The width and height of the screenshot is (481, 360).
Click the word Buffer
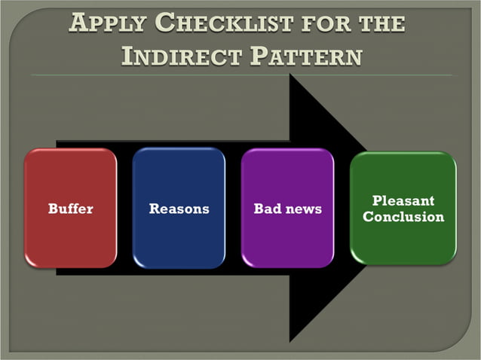(x=71, y=209)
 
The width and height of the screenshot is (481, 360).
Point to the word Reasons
(x=179, y=209)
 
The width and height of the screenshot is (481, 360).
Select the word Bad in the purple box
(x=268, y=209)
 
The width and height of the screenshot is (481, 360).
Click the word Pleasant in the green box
(x=403, y=200)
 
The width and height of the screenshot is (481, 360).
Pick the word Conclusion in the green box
(x=403, y=217)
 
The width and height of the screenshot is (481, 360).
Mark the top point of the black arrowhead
(x=291, y=76)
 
